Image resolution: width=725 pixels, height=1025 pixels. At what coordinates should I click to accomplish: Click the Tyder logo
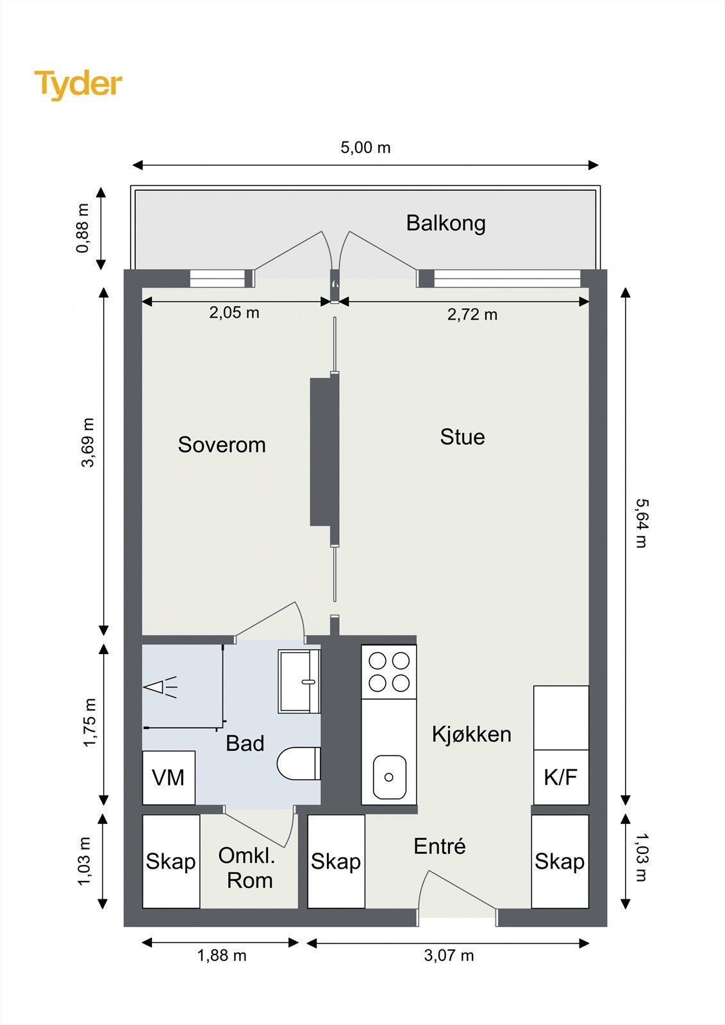click(x=78, y=85)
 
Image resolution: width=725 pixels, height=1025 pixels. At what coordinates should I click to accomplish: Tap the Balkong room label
click(x=446, y=224)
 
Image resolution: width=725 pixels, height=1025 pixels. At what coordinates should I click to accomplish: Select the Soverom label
click(x=222, y=445)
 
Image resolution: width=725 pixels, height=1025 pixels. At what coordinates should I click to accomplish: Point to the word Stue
click(x=462, y=437)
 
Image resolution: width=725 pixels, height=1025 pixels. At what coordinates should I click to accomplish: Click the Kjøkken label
click(x=471, y=734)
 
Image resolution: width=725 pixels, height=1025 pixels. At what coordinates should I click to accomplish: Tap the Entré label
click(x=440, y=846)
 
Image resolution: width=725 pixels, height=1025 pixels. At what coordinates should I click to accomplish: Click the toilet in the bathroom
click(x=299, y=764)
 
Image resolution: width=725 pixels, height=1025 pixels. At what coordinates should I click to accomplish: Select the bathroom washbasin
click(x=299, y=682)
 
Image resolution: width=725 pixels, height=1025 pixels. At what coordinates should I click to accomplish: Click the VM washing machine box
click(x=169, y=778)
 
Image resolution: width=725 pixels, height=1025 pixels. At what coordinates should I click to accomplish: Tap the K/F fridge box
click(x=561, y=777)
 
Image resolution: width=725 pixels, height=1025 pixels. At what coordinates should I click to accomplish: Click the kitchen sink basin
click(x=389, y=777)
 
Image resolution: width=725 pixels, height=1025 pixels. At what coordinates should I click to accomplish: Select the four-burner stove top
click(x=389, y=672)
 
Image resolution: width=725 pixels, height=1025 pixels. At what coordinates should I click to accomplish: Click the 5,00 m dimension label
click(x=365, y=147)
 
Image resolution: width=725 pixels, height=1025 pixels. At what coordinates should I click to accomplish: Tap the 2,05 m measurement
click(x=234, y=313)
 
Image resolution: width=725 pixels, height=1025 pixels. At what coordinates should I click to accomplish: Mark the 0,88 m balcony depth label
click(x=83, y=228)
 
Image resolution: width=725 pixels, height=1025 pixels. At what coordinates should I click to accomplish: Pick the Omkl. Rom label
click(x=247, y=868)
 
